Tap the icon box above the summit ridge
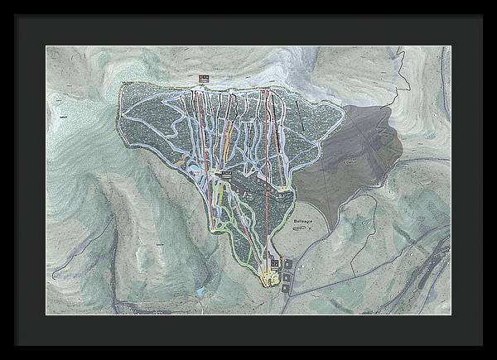click(x=203, y=79)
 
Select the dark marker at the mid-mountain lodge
click(x=224, y=175)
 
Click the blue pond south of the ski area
click(x=199, y=291)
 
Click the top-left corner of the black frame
click(x=2, y=2)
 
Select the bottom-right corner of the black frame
click(x=494, y=357)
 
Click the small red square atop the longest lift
click(x=263, y=89)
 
